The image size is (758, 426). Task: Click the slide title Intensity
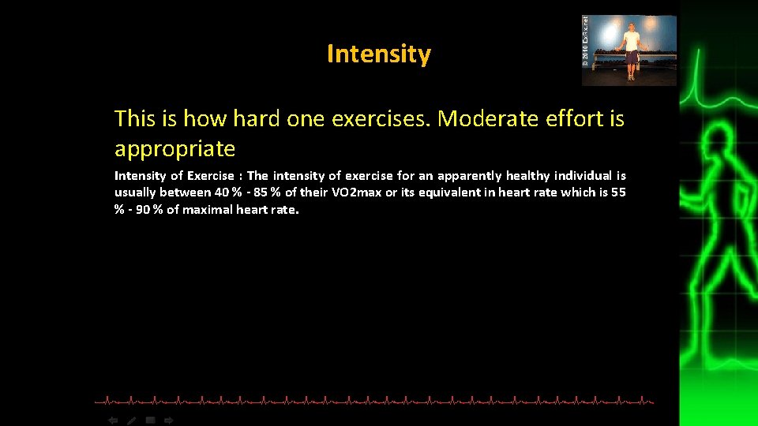pos(378,54)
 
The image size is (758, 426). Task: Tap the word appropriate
pos(174,148)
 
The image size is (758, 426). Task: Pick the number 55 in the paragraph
pos(618,192)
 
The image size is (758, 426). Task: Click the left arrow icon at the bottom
pos(113,420)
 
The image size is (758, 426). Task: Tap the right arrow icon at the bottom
pos(169,420)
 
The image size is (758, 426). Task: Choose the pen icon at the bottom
pos(132,420)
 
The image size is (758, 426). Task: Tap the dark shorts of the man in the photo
pos(631,56)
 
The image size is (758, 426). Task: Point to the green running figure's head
pos(719,147)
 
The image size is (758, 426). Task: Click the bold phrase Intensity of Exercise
pos(174,176)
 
